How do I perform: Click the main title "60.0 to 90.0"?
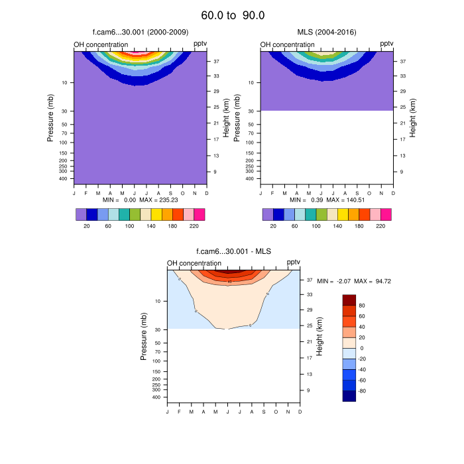click(x=233, y=15)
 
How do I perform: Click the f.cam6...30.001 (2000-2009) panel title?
click(x=139, y=32)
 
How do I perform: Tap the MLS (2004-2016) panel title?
click(x=326, y=32)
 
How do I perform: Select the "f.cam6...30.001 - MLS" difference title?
click(x=233, y=251)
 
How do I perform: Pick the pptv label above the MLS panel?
click(x=386, y=44)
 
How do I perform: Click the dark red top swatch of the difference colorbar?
click(x=349, y=299)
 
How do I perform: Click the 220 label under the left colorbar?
click(x=194, y=226)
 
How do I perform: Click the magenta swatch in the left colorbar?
click(x=200, y=214)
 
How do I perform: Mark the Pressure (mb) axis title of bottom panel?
click(x=143, y=337)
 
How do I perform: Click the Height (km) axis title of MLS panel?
click(x=413, y=118)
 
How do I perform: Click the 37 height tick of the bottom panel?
click(x=308, y=280)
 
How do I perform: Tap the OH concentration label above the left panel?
click(x=101, y=44)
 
